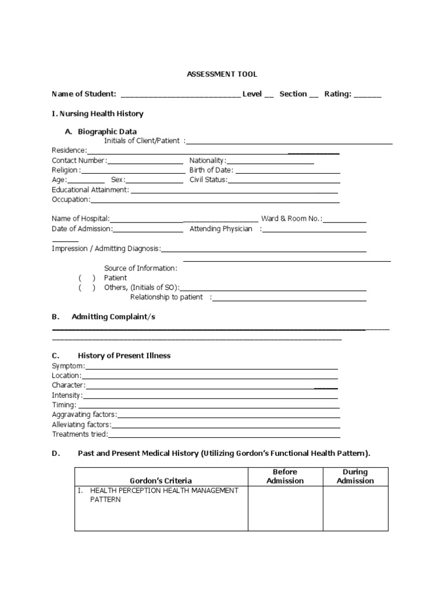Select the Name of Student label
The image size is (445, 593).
(84, 94)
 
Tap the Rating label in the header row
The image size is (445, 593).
(337, 94)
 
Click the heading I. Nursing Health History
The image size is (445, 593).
(97, 114)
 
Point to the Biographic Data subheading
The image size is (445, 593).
(107, 131)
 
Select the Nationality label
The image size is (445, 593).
(207, 160)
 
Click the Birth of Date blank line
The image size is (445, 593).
(287, 171)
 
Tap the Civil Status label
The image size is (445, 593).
(208, 180)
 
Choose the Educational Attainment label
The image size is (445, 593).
(90, 190)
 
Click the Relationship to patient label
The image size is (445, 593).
(167, 297)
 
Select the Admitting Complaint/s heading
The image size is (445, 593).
(113, 317)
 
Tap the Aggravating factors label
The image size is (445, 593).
(84, 415)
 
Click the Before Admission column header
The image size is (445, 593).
(285, 477)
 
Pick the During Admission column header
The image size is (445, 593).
(355, 477)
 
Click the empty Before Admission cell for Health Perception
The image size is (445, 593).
(285, 508)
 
